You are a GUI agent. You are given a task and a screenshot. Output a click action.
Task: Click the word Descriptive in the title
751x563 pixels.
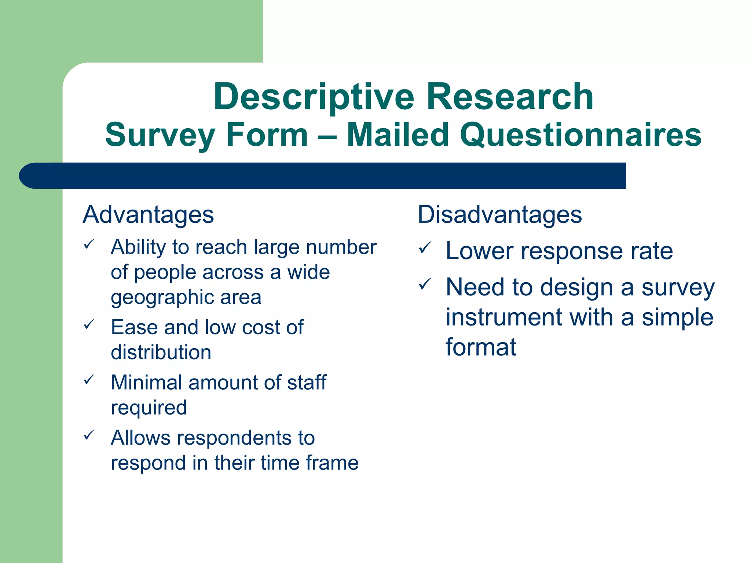pyautogui.click(x=314, y=97)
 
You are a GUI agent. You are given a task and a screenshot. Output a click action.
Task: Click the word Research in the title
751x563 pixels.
pyautogui.click(x=510, y=97)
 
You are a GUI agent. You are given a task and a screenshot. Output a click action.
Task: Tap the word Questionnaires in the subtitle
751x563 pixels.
pyautogui.click(x=580, y=135)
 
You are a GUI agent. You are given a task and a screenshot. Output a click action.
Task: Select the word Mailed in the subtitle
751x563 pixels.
pyautogui.click(x=398, y=135)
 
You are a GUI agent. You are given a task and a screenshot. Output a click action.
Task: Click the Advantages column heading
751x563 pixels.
pyautogui.click(x=148, y=215)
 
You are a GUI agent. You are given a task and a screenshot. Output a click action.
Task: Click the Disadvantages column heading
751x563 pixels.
pyautogui.click(x=499, y=215)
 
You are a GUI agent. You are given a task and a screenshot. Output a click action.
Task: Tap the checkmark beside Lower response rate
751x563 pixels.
pyautogui.click(x=425, y=248)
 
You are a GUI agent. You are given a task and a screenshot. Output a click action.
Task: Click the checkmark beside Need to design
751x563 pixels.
pyautogui.click(x=425, y=284)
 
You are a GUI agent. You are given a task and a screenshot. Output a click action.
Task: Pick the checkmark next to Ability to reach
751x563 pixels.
pyautogui.click(x=89, y=244)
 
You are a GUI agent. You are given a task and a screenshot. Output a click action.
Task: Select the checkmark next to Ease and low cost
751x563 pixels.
pyautogui.click(x=89, y=324)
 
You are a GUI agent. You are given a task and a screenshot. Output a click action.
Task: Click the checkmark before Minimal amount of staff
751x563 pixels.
pyautogui.click(x=89, y=379)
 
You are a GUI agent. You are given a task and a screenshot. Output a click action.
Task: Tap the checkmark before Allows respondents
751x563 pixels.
pyautogui.click(x=89, y=435)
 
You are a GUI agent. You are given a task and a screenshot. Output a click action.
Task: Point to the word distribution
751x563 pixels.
pyautogui.click(x=161, y=352)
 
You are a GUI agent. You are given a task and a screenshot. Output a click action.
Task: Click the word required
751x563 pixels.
pyautogui.click(x=149, y=408)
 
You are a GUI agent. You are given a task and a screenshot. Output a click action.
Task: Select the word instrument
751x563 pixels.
pyautogui.click(x=504, y=317)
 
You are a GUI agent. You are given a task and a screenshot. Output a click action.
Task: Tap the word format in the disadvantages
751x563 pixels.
pyautogui.click(x=480, y=347)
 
